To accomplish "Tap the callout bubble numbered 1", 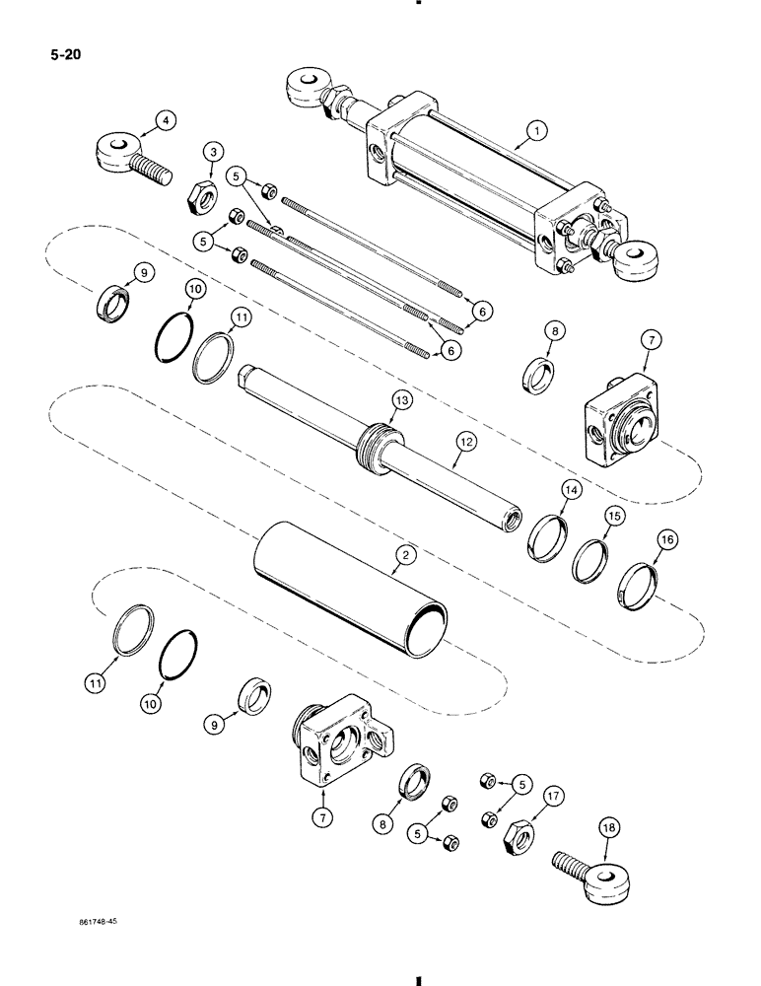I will pos(534,128).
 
